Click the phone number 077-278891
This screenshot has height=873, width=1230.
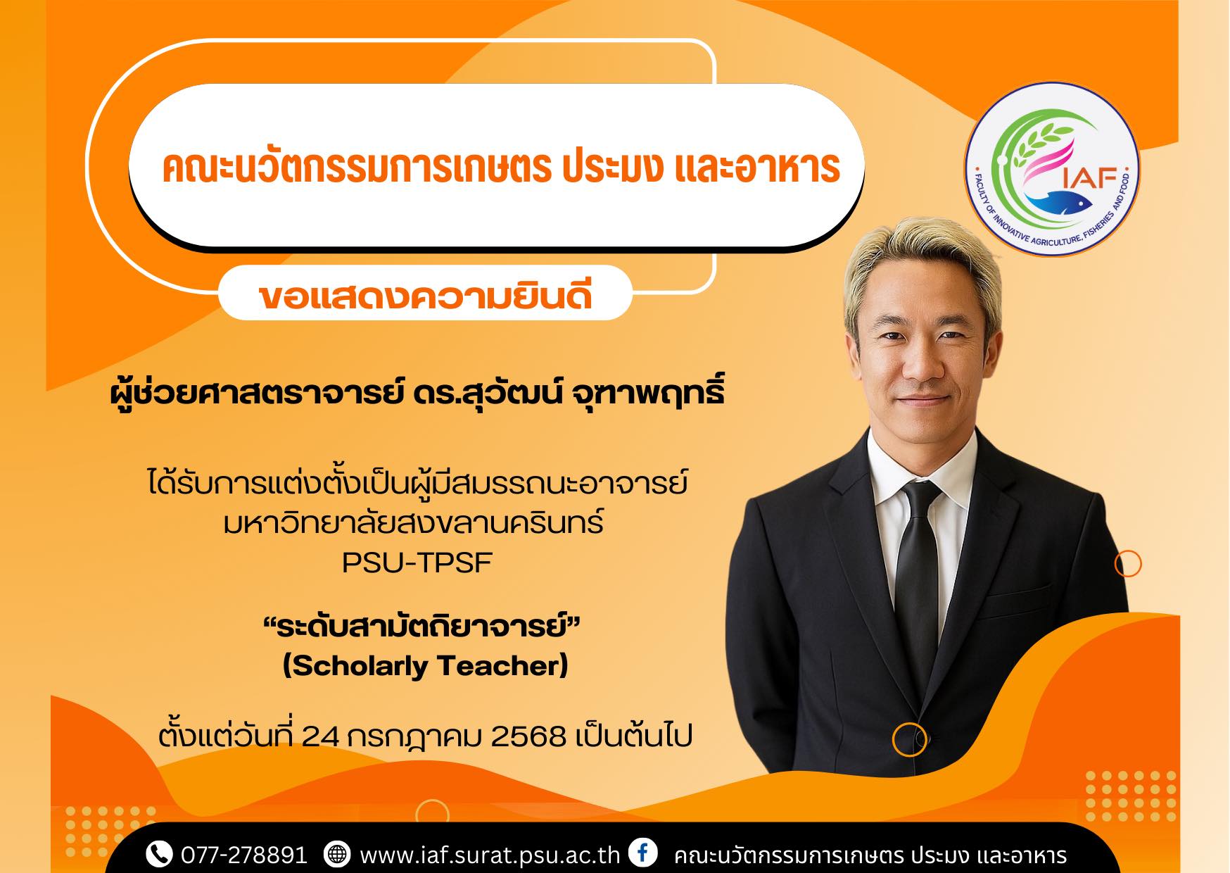tap(243, 855)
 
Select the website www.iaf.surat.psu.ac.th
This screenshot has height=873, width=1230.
tap(490, 855)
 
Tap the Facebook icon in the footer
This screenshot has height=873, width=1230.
tap(642, 853)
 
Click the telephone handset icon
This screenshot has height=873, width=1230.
tap(159, 854)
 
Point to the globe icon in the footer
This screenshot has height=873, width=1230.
tap(336, 854)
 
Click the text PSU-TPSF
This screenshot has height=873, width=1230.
tap(417, 563)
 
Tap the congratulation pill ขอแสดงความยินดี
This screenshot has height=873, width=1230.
tap(425, 294)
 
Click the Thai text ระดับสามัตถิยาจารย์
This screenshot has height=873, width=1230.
tap(421, 625)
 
